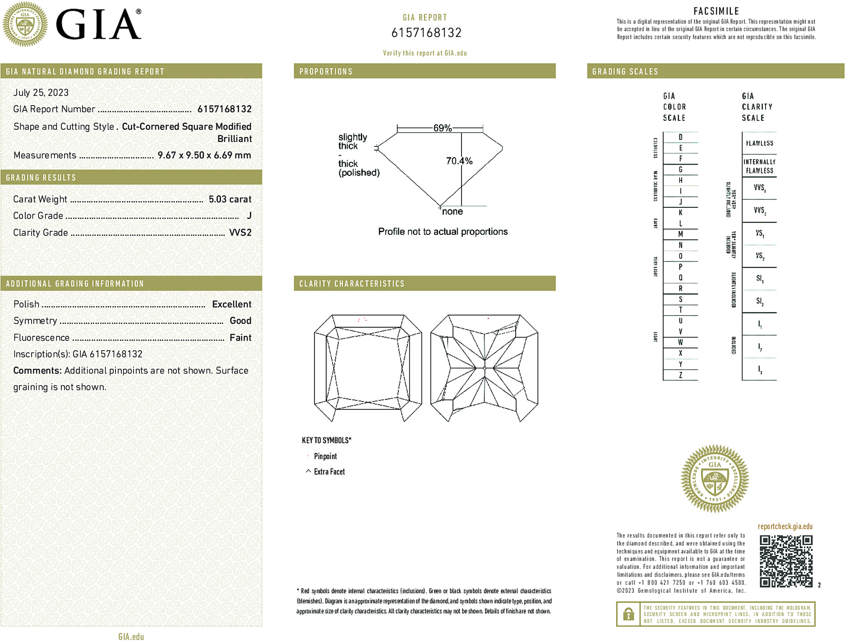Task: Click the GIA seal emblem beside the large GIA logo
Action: click(25, 24)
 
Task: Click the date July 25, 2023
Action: click(41, 93)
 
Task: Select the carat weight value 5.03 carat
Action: click(230, 199)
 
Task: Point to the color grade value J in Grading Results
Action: click(249, 216)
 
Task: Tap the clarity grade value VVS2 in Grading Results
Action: click(240, 233)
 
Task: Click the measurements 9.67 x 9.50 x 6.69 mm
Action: click(204, 156)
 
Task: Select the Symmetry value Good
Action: click(240, 321)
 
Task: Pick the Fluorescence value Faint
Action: click(240, 338)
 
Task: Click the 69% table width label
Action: click(442, 128)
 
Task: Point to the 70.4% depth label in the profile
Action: click(459, 161)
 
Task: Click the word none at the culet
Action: click(452, 212)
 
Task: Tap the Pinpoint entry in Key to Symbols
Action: click(325, 457)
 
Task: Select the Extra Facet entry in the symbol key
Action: click(329, 472)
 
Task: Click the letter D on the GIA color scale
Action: click(680, 137)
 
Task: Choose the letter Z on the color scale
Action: click(680, 375)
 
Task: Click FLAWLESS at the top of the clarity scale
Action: click(759, 143)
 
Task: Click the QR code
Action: click(785, 561)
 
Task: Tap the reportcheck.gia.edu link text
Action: click(785, 527)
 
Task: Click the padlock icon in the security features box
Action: click(628, 614)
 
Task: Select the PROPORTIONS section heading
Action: click(326, 72)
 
